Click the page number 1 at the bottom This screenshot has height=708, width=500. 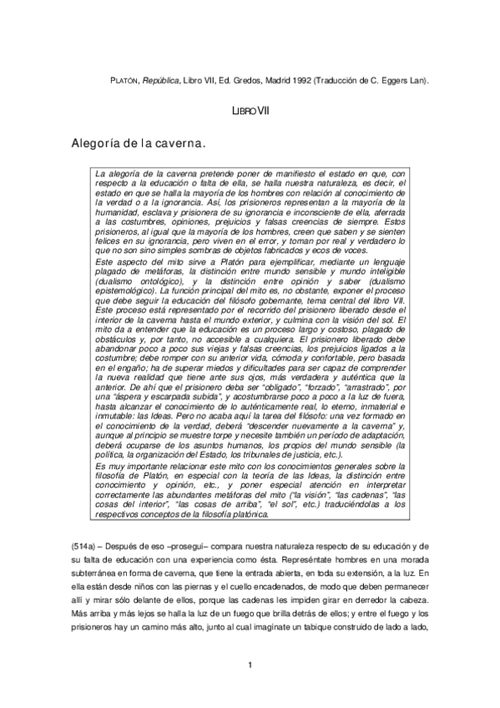250,664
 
